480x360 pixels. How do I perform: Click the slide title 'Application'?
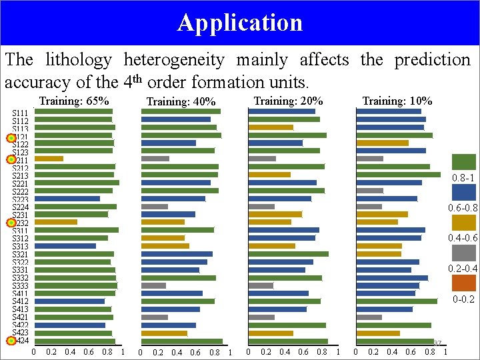240,23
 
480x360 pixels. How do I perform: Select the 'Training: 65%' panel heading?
74,101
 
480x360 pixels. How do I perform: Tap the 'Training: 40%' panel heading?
181,102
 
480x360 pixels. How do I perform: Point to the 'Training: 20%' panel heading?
289,101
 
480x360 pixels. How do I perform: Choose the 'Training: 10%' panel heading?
397,101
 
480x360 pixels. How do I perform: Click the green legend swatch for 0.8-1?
464,162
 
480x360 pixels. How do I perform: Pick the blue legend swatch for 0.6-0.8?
464,193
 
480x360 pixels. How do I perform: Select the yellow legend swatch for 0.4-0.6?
464,223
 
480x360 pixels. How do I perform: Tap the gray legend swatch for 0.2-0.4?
464,253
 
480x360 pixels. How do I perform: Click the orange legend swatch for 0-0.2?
464,283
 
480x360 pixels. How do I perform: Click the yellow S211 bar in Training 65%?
49,159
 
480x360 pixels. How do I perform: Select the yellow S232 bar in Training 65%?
55,222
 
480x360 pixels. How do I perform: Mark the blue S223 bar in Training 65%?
67,198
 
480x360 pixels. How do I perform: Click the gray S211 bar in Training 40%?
155,159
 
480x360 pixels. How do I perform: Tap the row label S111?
20,113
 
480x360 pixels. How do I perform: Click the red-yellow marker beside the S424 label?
11,341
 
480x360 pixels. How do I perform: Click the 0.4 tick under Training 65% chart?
70,352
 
